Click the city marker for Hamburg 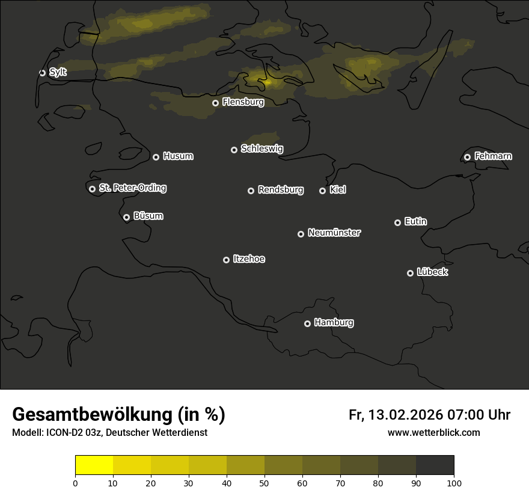pos(307,323)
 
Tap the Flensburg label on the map pos(243,102)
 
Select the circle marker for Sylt pos(42,73)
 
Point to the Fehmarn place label pos(493,156)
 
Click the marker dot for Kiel pos(322,191)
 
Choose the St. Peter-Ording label pos(132,188)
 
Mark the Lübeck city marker pos(410,273)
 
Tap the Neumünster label pos(334,233)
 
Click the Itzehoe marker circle pos(226,260)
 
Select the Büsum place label pos(148,216)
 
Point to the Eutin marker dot pos(397,222)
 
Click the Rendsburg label pos(280,190)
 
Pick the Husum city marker pos(156,157)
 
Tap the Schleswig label pos(261,148)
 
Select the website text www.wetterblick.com pos(433,432)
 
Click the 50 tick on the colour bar pos(264,483)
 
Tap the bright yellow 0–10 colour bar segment pos(94,465)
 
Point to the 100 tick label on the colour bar pos(454,483)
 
